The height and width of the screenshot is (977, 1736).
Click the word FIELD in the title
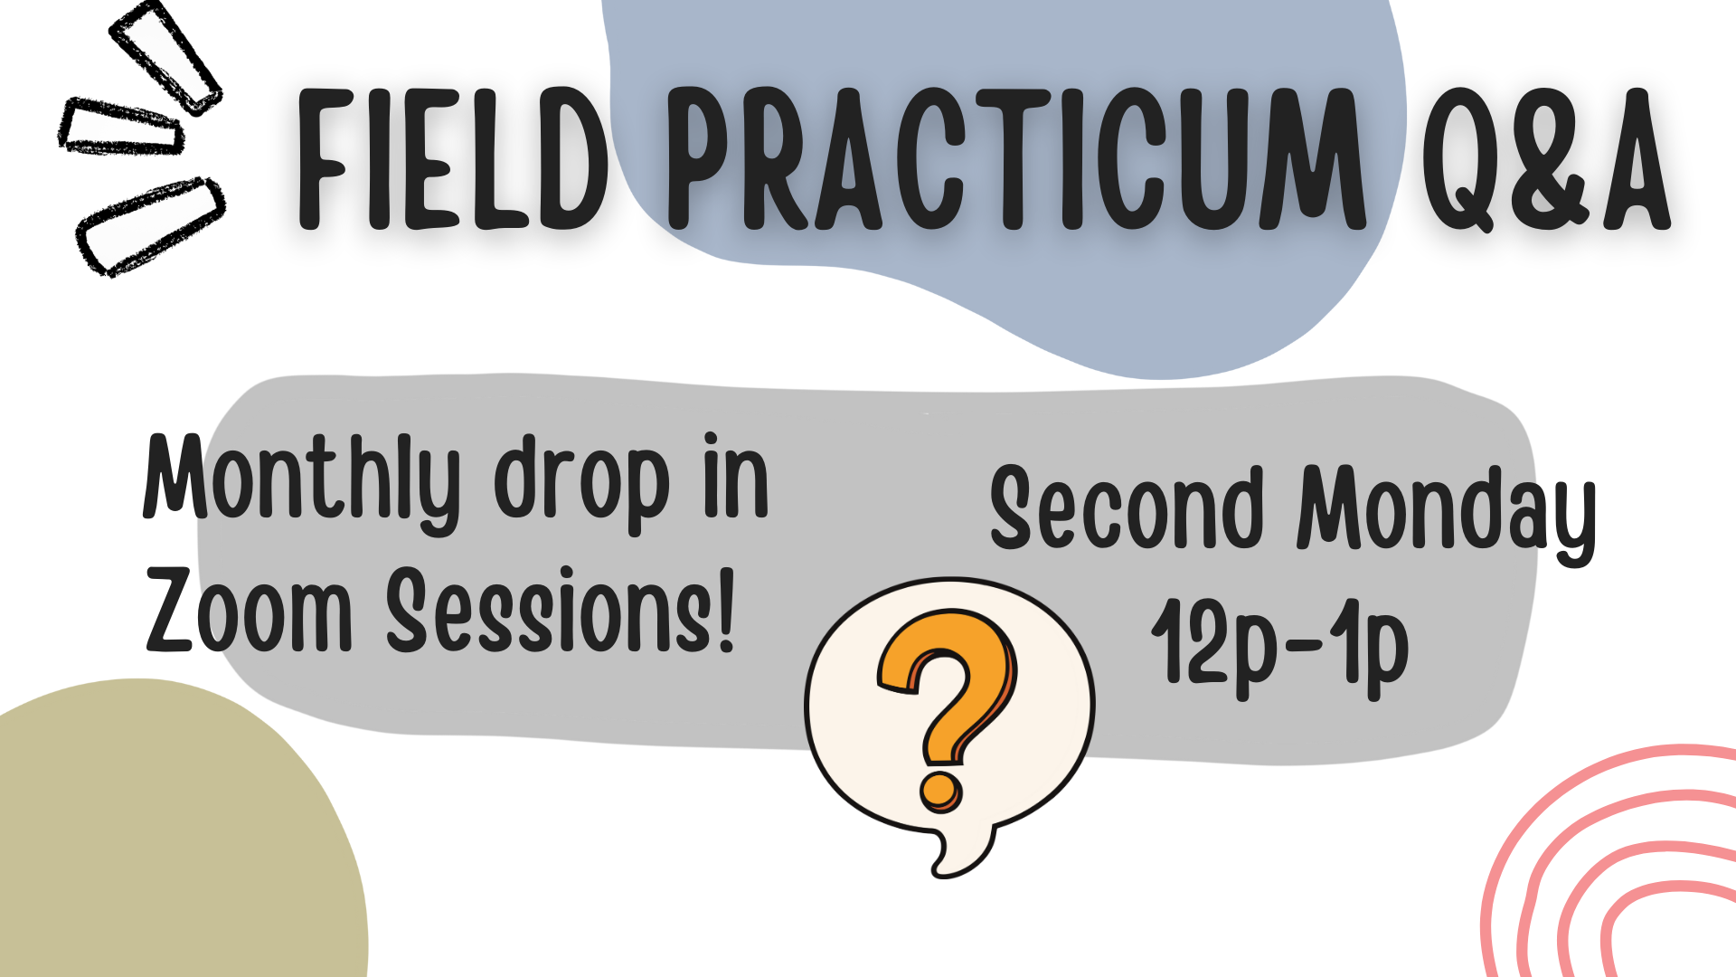(452, 161)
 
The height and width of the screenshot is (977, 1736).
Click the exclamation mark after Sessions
(724, 611)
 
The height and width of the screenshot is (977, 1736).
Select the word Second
(1126, 508)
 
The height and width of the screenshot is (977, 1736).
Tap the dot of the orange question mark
(941, 790)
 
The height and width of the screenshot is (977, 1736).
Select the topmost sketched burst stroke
(165, 56)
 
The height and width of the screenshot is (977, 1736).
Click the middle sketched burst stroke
(119, 127)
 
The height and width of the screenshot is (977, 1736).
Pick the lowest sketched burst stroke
(150, 225)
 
